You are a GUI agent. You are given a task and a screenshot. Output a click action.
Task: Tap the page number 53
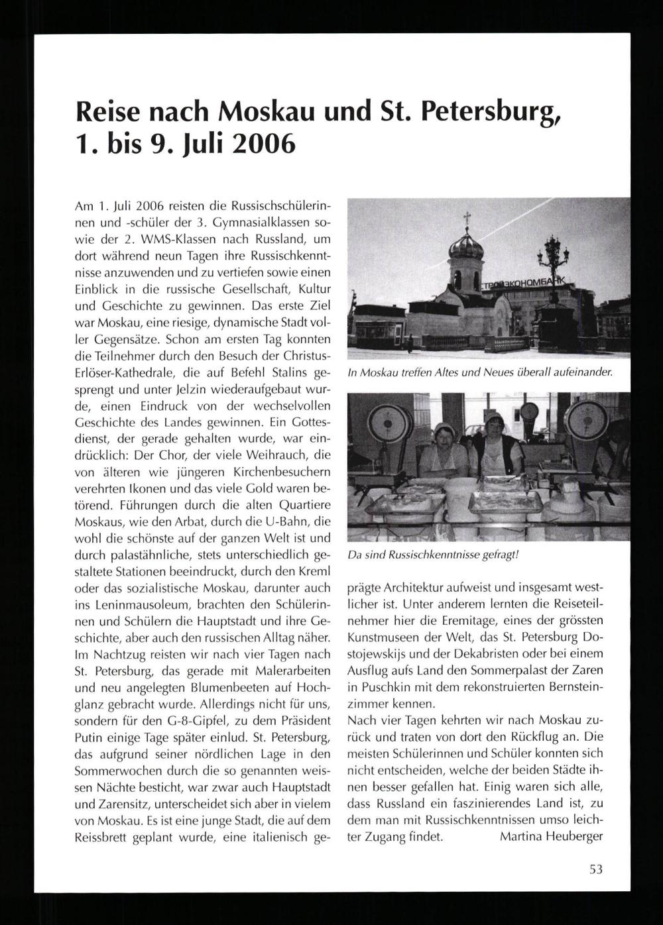click(x=595, y=869)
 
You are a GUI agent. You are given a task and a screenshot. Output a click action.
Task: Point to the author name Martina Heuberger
click(x=551, y=836)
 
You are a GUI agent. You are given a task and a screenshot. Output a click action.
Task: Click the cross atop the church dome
click(x=467, y=218)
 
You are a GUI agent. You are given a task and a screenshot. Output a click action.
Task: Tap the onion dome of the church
click(x=467, y=247)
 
